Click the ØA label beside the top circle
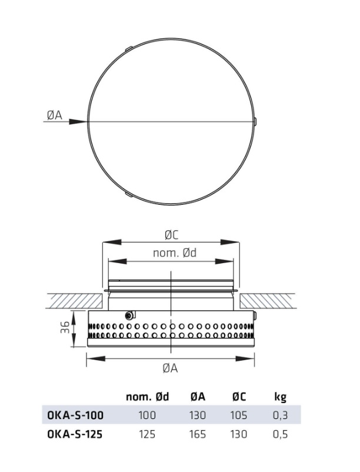55,115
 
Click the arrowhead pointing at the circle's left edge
78,122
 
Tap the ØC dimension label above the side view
171,235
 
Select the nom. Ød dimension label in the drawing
175,253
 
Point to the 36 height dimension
65,327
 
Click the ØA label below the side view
171,368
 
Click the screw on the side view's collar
129,316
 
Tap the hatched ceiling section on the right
267,300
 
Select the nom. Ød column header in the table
148,397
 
